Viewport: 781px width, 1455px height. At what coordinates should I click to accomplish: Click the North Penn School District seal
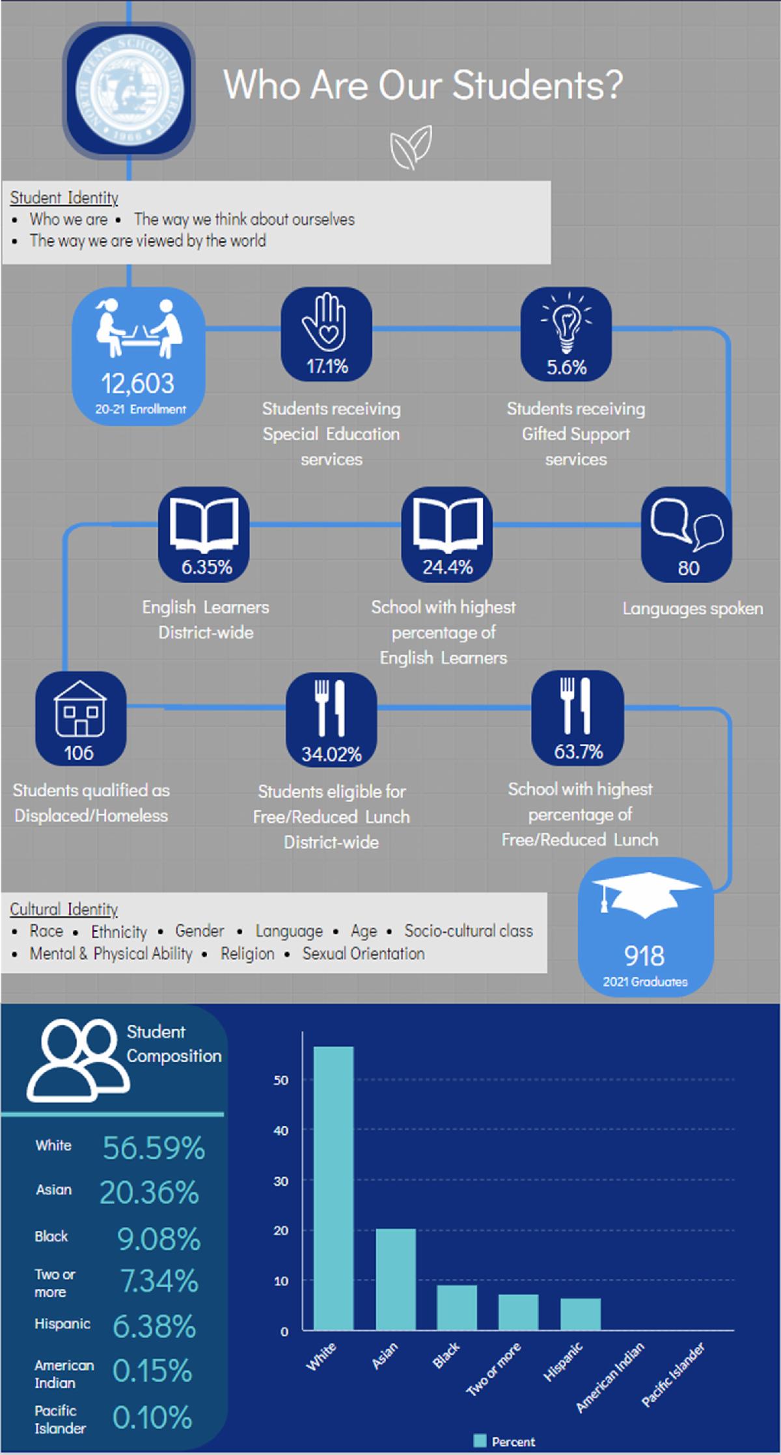(129, 90)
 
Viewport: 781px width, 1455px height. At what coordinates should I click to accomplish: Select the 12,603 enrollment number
(137, 384)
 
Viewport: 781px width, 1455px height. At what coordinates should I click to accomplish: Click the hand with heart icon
(326, 322)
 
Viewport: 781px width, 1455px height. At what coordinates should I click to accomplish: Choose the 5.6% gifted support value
(566, 367)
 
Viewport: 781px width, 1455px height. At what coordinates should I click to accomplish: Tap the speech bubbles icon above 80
(687, 524)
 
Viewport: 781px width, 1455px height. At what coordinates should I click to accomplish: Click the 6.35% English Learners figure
(206, 567)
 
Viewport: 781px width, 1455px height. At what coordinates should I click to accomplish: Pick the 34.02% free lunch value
(331, 754)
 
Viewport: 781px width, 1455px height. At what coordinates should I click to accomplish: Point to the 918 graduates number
(644, 955)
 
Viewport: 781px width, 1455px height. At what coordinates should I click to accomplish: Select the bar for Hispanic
(580, 1313)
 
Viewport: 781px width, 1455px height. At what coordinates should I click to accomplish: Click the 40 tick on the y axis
(281, 1130)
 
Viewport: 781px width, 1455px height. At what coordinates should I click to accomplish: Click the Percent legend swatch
(480, 1441)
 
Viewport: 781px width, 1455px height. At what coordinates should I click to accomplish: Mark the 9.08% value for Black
(159, 1239)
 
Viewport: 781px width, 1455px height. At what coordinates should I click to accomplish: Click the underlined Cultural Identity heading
(64, 909)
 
